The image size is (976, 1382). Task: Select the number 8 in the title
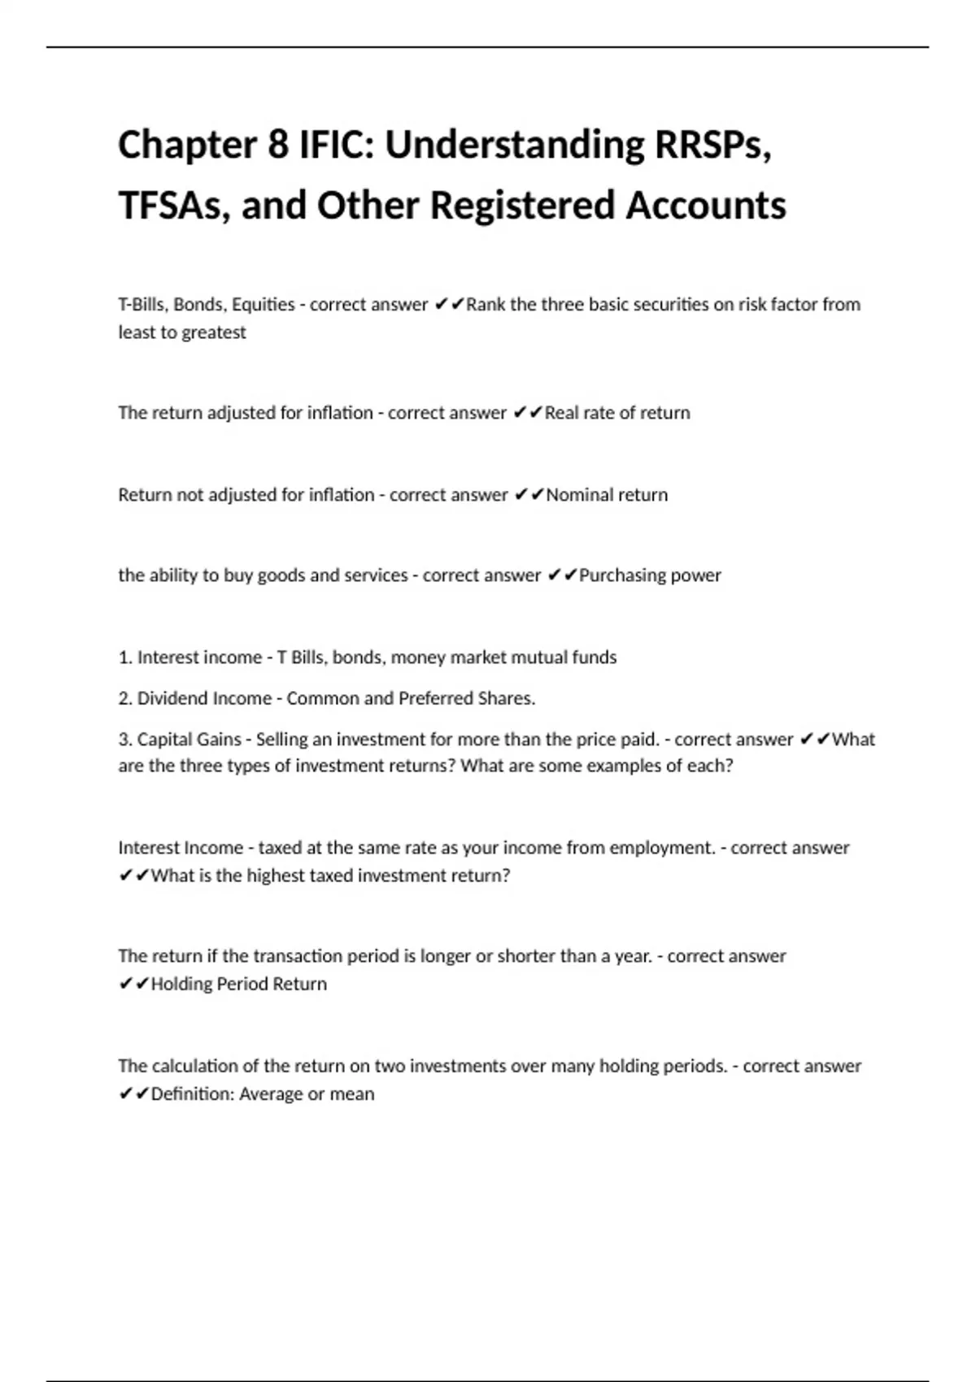(x=277, y=146)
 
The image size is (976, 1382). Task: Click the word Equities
(x=263, y=305)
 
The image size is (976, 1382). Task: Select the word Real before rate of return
(x=561, y=413)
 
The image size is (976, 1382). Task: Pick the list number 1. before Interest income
(x=125, y=658)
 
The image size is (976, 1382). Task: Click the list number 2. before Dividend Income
(x=125, y=698)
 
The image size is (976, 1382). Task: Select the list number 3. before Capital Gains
(x=125, y=740)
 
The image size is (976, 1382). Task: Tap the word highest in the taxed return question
(x=273, y=876)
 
